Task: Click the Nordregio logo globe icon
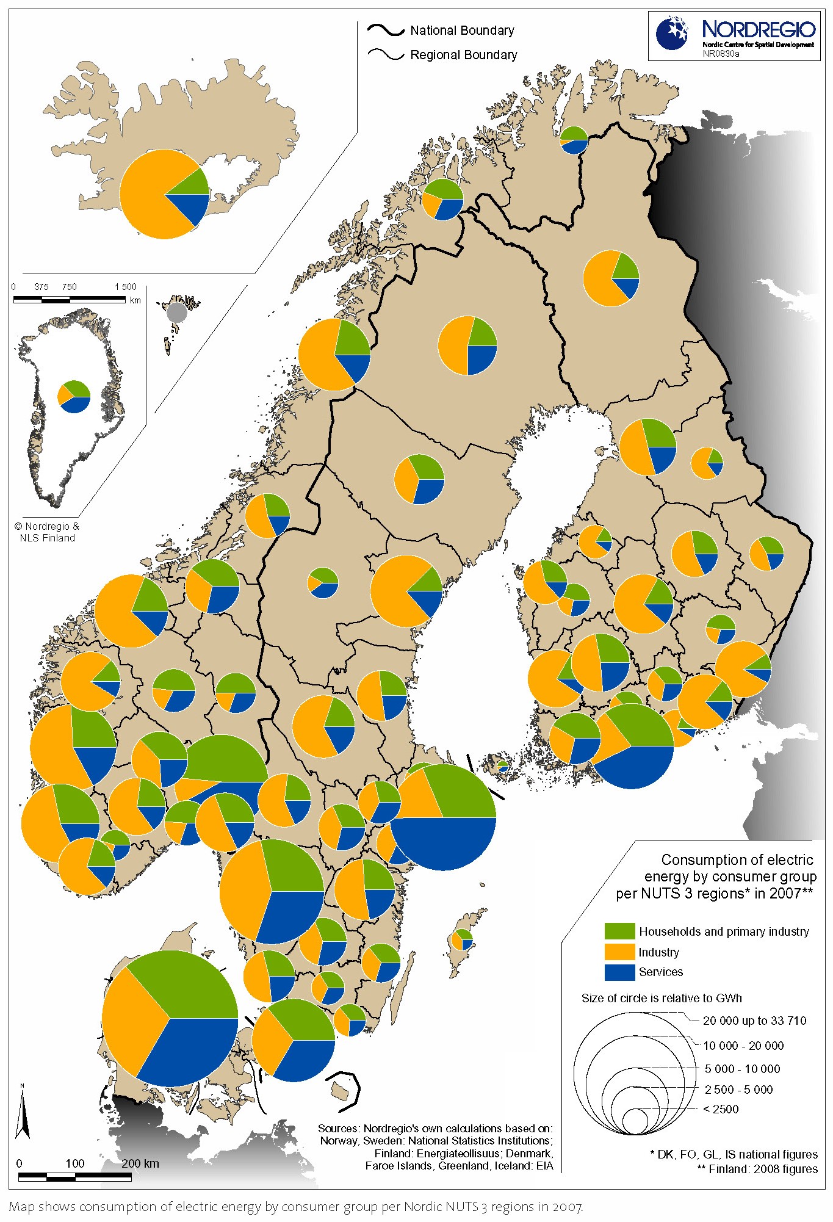[x=672, y=34]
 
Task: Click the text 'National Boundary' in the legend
[x=461, y=31]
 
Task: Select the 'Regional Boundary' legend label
[x=463, y=55]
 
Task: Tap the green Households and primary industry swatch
[x=619, y=931]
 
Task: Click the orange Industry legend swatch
[x=619, y=952]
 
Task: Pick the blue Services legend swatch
[x=619, y=972]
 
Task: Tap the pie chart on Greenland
[x=74, y=396]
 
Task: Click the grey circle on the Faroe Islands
[x=177, y=311]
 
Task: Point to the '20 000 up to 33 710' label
[x=754, y=1021]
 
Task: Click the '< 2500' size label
[x=721, y=1109]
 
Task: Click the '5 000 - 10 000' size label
[x=742, y=1069]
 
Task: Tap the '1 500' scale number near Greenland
[x=126, y=287]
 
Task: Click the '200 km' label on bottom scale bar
[x=140, y=1163]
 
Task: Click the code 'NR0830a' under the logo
[x=720, y=54]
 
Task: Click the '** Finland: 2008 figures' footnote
[x=757, y=1169]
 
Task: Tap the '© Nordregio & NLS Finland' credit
[x=47, y=532]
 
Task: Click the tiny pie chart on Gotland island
[x=464, y=939]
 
